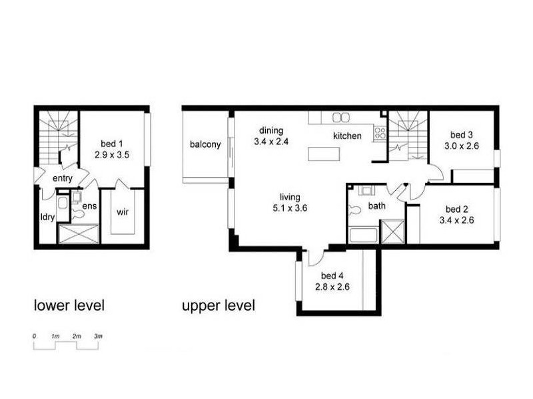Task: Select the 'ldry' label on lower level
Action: click(47, 217)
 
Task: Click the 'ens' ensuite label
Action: click(89, 205)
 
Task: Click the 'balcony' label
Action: click(205, 144)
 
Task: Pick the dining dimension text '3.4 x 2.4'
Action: click(269, 141)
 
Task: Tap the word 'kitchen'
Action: click(347, 136)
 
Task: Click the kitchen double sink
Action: click(341, 117)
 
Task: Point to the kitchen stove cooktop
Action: click(380, 132)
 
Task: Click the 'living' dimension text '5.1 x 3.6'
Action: click(290, 207)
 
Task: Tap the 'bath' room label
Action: click(377, 206)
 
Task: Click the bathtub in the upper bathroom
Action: click(363, 235)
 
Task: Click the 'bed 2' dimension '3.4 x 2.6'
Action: click(456, 221)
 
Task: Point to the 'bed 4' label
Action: click(332, 276)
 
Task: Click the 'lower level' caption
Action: click(69, 306)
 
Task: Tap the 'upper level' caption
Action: click(219, 306)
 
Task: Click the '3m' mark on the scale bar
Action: click(98, 338)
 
